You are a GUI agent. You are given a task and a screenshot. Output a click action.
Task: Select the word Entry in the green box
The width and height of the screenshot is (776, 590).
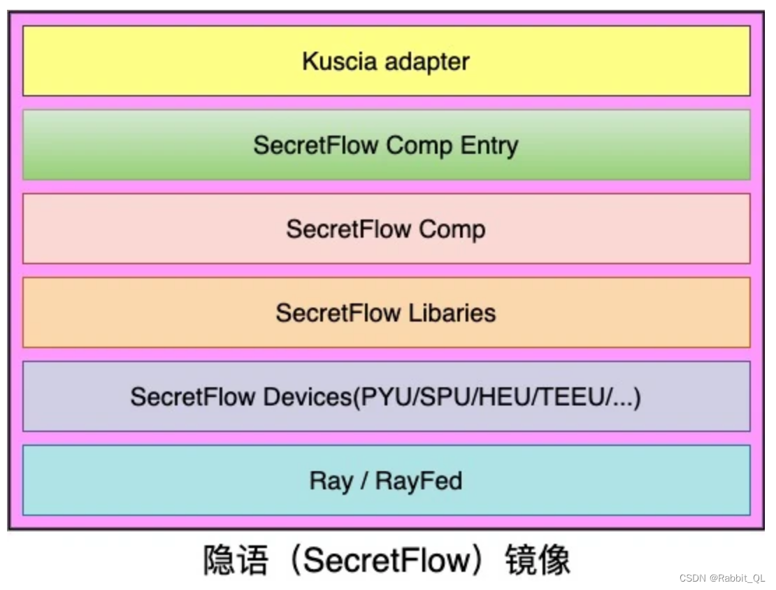click(x=489, y=145)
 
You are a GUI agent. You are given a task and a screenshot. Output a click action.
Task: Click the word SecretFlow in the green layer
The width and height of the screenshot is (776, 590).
click(x=316, y=145)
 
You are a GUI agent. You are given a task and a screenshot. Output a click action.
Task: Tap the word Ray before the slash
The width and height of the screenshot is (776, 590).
click(x=331, y=481)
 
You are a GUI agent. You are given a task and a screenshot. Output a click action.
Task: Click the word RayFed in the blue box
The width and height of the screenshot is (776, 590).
click(x=419, y=481)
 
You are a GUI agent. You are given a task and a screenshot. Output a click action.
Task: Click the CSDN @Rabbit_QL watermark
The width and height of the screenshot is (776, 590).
click(x=722, y=578)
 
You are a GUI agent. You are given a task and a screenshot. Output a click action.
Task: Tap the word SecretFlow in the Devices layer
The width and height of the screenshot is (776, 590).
click(x=193, y=397)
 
